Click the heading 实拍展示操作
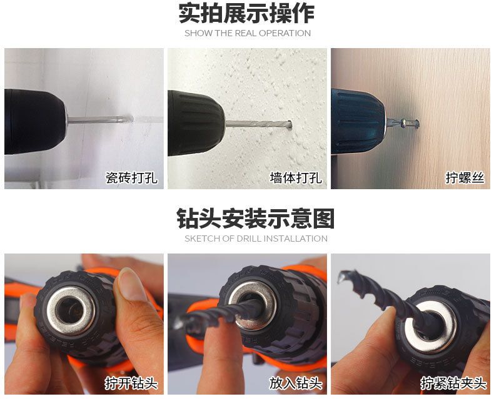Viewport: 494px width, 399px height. point(246,13)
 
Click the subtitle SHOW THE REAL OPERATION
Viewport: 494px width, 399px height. point(248,33)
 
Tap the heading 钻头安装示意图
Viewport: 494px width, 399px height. point(256,218)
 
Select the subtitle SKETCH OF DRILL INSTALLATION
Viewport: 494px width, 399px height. point(256,239)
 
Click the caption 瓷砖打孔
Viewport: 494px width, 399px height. point(131,178)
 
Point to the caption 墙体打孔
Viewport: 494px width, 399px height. point(296,178)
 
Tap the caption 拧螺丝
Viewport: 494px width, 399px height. point(465,178)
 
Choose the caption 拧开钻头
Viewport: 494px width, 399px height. point(131,383)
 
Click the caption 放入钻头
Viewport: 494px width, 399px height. point(296,383)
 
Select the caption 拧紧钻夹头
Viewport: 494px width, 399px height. point(453,383)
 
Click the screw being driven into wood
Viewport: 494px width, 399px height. point(403,122)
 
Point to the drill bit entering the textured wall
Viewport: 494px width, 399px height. point(258,124)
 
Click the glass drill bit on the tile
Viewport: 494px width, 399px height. point(100,119)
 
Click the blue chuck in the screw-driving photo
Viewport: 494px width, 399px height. point(358,121)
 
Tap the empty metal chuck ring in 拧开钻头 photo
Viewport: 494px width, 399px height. point(71,311)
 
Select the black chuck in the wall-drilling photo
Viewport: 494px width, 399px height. point(196,123)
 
